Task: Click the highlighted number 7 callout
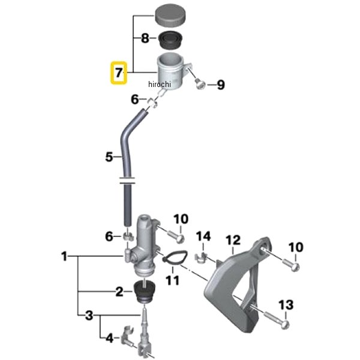(x=118, y=73)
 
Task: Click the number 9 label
(x=221, y=85)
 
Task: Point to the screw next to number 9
(x=200, y=84)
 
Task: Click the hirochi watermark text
(x=160, y=84)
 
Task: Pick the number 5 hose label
(x=109, y=157)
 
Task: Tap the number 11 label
(x=172, y=280)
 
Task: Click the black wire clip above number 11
(x=175, y=257)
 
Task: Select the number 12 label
(x=233, y=240)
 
